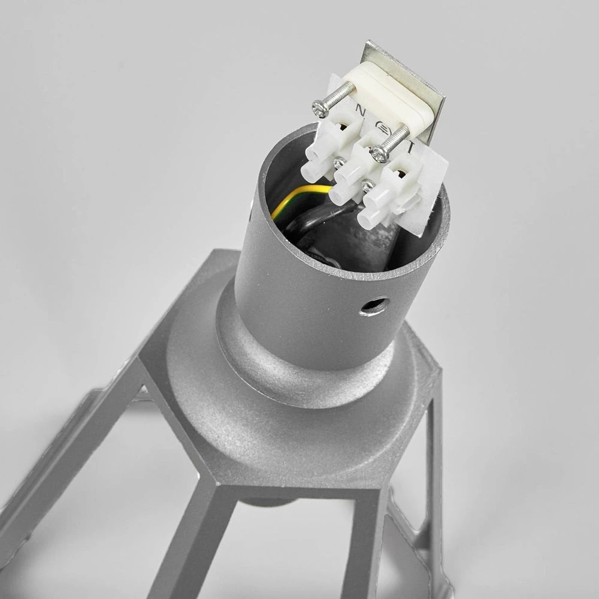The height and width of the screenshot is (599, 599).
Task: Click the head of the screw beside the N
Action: point(320,107)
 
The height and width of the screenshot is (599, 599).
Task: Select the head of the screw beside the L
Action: point(379,154)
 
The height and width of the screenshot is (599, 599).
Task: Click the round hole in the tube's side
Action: point(372,307)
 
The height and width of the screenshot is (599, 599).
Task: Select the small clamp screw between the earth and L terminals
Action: point(367,187)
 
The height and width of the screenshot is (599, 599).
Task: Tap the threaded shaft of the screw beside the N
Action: point(339,96)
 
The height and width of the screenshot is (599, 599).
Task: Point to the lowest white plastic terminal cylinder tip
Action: point(369,218)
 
